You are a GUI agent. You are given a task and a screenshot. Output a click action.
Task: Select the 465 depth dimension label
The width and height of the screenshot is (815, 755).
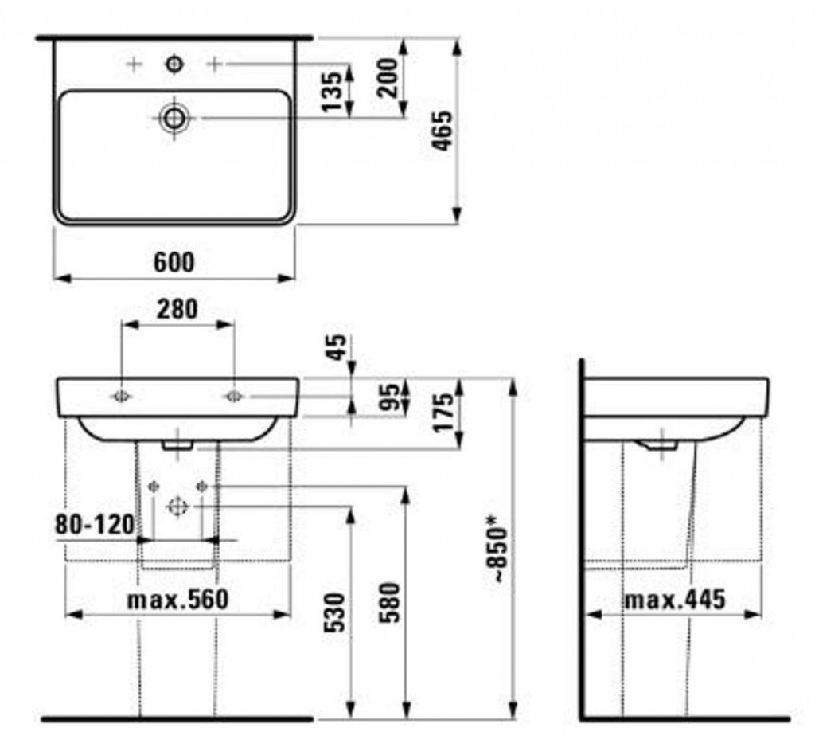tap(443, 131)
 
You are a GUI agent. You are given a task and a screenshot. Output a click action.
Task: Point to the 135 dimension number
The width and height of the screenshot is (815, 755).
tap(332, 92)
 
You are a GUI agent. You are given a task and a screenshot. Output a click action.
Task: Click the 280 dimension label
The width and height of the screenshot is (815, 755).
tap(177, 309)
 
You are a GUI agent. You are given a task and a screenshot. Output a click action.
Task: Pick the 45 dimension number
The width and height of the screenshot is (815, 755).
tap(337, 346)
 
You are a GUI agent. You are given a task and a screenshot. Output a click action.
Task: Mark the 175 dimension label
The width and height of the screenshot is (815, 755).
tap(443, 413)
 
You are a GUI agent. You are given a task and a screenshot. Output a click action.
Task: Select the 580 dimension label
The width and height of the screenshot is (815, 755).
tap(390, 603)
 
